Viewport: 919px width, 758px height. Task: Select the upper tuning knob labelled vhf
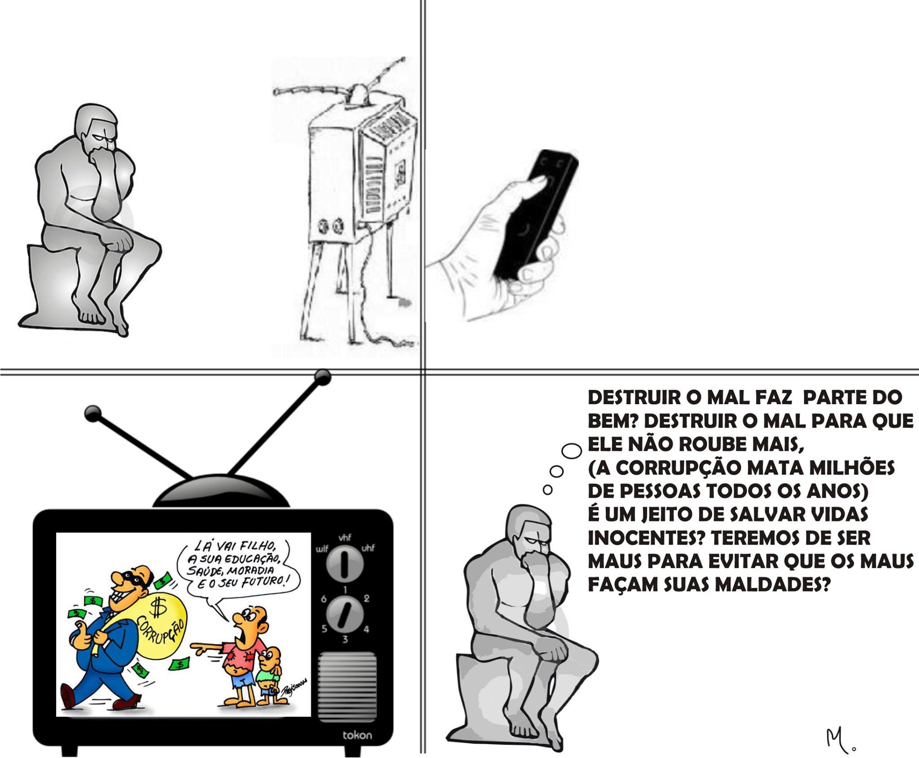point(345,564)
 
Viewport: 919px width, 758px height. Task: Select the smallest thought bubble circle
point(547,490)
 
